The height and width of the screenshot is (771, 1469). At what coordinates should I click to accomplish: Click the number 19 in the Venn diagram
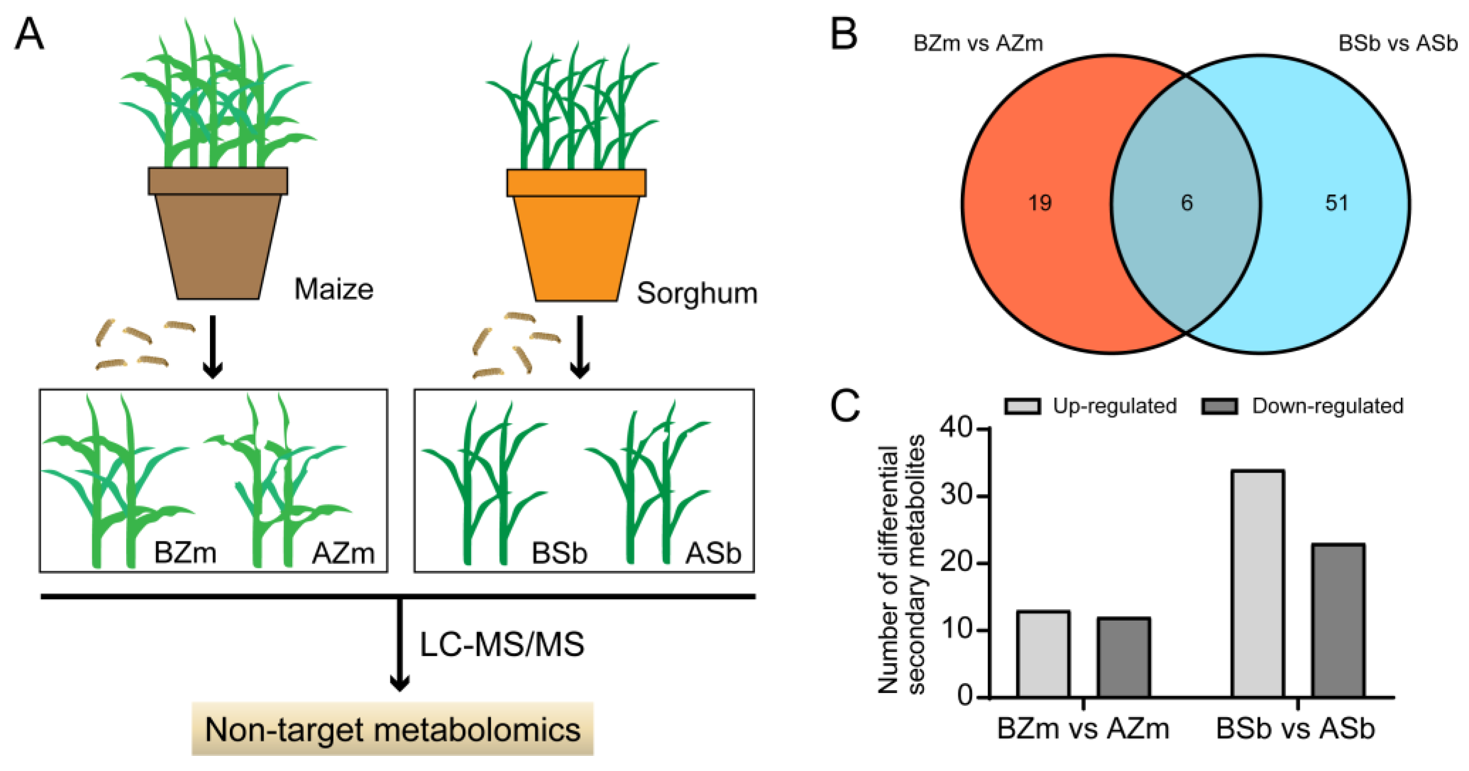(1039, 203)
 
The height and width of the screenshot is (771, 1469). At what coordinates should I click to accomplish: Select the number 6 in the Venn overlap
(1187, 203)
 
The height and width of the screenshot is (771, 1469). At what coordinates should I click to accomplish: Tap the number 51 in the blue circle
(1336, 203)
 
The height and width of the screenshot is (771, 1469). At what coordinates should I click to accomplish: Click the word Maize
(334, 290)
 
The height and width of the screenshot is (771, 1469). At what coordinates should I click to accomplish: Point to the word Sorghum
(697, 294)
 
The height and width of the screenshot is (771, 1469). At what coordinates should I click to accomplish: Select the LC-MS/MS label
(502, 645)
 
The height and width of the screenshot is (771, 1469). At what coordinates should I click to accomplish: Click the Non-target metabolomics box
(392, 729)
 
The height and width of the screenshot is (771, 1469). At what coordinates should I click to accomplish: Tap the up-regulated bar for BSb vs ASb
(1258, 583)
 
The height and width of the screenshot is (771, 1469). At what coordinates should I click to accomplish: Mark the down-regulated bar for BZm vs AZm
(1123, 658)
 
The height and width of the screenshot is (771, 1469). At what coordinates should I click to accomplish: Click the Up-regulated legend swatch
(1023, 406)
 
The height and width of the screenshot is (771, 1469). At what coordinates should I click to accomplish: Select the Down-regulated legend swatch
(1219, 406)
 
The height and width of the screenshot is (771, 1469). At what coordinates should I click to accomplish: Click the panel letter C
(844, 406)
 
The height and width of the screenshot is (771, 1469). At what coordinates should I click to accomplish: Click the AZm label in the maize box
(343, 553)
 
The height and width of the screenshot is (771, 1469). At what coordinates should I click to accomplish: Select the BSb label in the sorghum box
(559, 553)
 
